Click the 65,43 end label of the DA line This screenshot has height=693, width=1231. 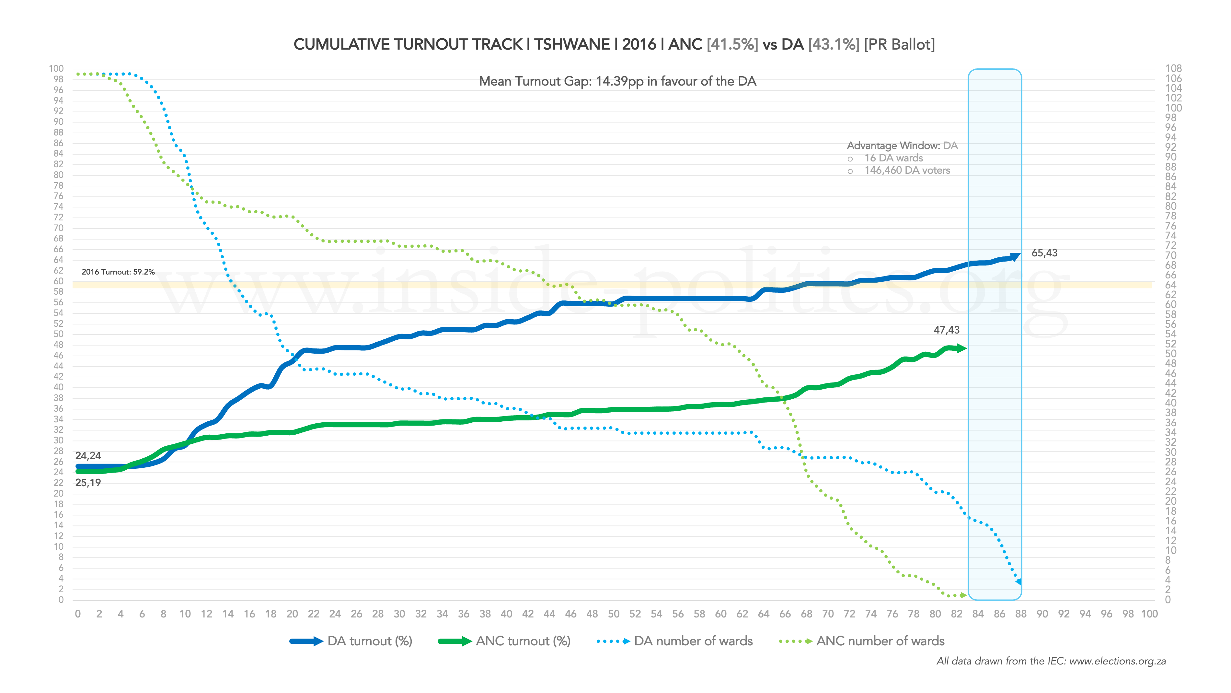[x=1044, y=253]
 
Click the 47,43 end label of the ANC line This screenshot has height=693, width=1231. [x=946, y=330]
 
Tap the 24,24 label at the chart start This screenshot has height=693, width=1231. [x=88, y=456]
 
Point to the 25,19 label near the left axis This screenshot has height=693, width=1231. [x=88, y=483]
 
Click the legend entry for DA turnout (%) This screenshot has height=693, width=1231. [x=351, y=641]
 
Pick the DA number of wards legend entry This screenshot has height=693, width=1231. [x=675, y=641]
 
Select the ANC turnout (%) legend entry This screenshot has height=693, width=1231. [x=504, y=641]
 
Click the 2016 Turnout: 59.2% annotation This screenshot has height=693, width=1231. [x=118, y=272]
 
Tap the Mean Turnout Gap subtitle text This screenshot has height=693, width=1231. [x=617, y=81]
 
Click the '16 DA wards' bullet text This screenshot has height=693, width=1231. [x=893, y=158]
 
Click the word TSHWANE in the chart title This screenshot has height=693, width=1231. [x=571, y=44]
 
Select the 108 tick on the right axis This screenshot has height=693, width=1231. [x=1173, y=68]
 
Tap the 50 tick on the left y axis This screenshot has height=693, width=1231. [x=58, y=334]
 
